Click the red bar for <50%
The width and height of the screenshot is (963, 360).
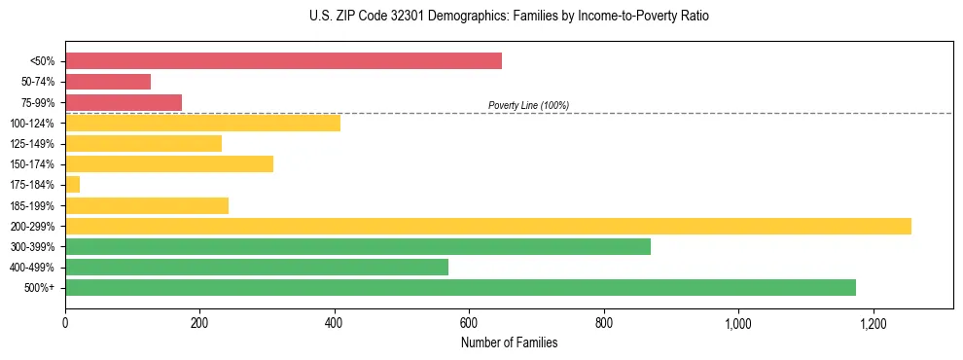point(283,61)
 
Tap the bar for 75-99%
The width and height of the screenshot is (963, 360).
point(124,102)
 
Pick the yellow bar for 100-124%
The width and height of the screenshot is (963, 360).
point(202,123)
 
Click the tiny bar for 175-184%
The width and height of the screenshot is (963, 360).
point(72,185)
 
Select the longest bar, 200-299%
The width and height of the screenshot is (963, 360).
point(488,226)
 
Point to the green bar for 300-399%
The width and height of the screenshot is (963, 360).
point(358,246)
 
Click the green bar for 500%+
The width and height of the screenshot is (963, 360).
point(460,287)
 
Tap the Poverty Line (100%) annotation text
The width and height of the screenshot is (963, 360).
point(528,105)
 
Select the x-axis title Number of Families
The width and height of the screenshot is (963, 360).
point(509,342)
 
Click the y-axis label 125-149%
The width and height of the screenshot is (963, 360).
point(32,144)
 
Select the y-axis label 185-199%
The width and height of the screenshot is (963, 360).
point(32,205)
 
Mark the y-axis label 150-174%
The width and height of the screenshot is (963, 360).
point(32,164)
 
